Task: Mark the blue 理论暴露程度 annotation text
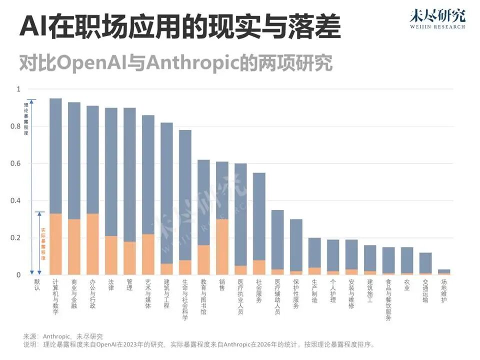(26, 119)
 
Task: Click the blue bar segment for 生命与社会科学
(185, 195)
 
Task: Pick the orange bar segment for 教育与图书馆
(203, 259)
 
